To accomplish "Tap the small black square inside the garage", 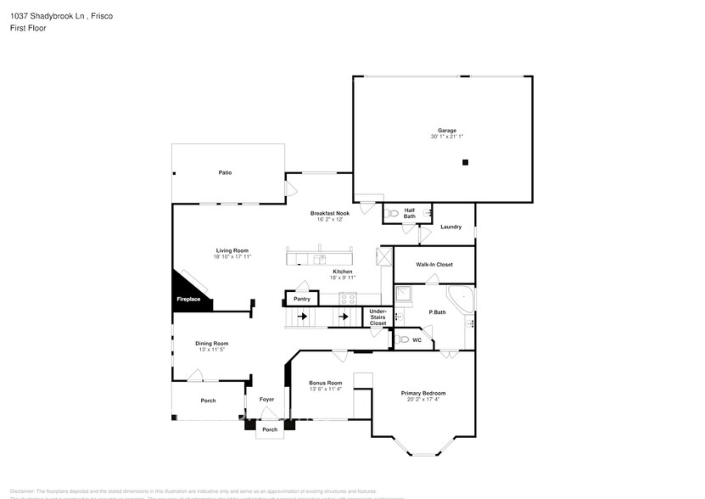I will [x=465, y=162].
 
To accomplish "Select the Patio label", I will [x=225, y=172].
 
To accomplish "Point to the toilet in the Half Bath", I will [x=391, y=215].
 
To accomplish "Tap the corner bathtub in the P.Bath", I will [x=461, y=298].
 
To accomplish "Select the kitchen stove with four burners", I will [x=348, y=298].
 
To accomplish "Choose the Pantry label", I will [x=302, y=299].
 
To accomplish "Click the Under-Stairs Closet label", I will [x=378, y=317].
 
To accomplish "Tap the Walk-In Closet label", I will [x=434, y=264].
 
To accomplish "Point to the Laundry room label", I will [x=450, y=227].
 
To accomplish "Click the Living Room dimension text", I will [x=232, y=256].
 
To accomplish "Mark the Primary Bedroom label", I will [x=423, y=393].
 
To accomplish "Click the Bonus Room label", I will [x=325, y=383].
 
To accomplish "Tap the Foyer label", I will [x=266, y=400].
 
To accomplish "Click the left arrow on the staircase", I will [x=300, y=318].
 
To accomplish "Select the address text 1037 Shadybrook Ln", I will [x=44, y=15].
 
